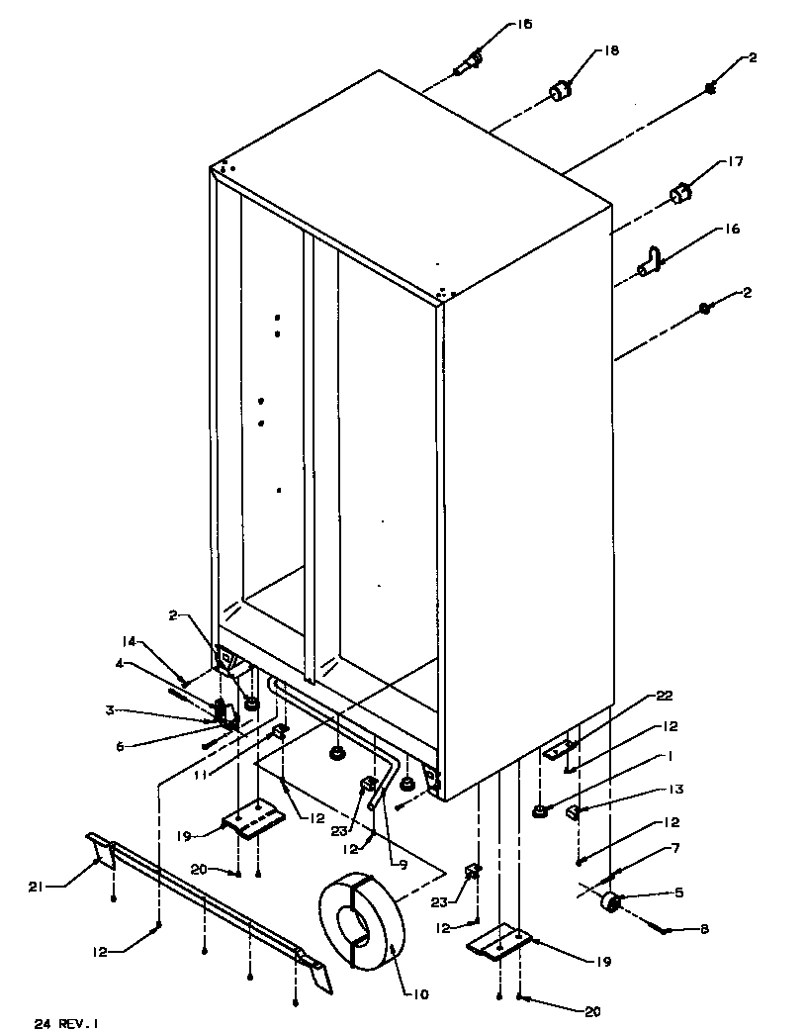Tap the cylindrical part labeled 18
pos(562,92)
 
